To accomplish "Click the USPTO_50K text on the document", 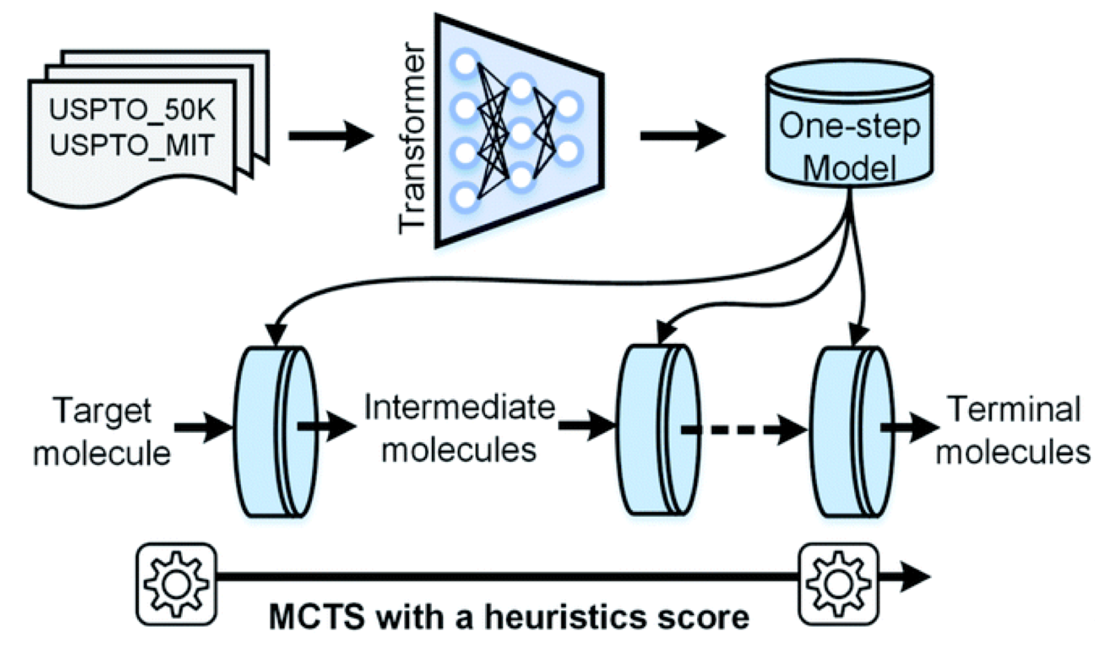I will [132, 110].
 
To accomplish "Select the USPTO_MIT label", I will [132, 144].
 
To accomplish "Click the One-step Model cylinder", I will [849, 126].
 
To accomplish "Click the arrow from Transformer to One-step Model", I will [682, 136].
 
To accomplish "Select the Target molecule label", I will [102, 432].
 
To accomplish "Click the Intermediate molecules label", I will [459, 428].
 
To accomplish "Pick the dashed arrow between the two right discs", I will [742, 430].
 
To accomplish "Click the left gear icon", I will [176, 584].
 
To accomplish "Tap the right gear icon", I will [838, 584].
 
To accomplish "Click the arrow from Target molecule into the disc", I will [202, 427].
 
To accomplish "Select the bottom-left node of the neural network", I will [465, 197].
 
